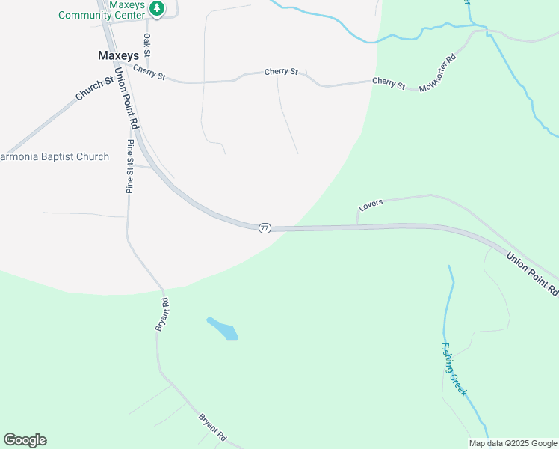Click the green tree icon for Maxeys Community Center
pyautogui.click(x=157, y=8)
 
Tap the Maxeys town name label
pyautogui.click(x=118, y=55)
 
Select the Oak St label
pyautogui.click(x=147, y=45)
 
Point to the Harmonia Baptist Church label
pyautogui.click(x=55, y=157)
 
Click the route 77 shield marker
pyautogui.click(x=265, y=227)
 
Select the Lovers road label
pyautogui.click(x=371, y=204)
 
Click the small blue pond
pyautogui.click(x=223, y=329)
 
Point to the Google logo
pyautogui.click(x=25, y=440)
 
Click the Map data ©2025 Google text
pyautogui.click(x=513, y=442)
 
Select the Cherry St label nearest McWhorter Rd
pyautogui.click(x=389, y=82)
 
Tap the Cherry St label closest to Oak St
pyautogui.click(x=150, y=74)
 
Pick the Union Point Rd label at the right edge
pyautogui.click(x=532, y=272)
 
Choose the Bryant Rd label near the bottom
pyautogui.click(x=212, y=426)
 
